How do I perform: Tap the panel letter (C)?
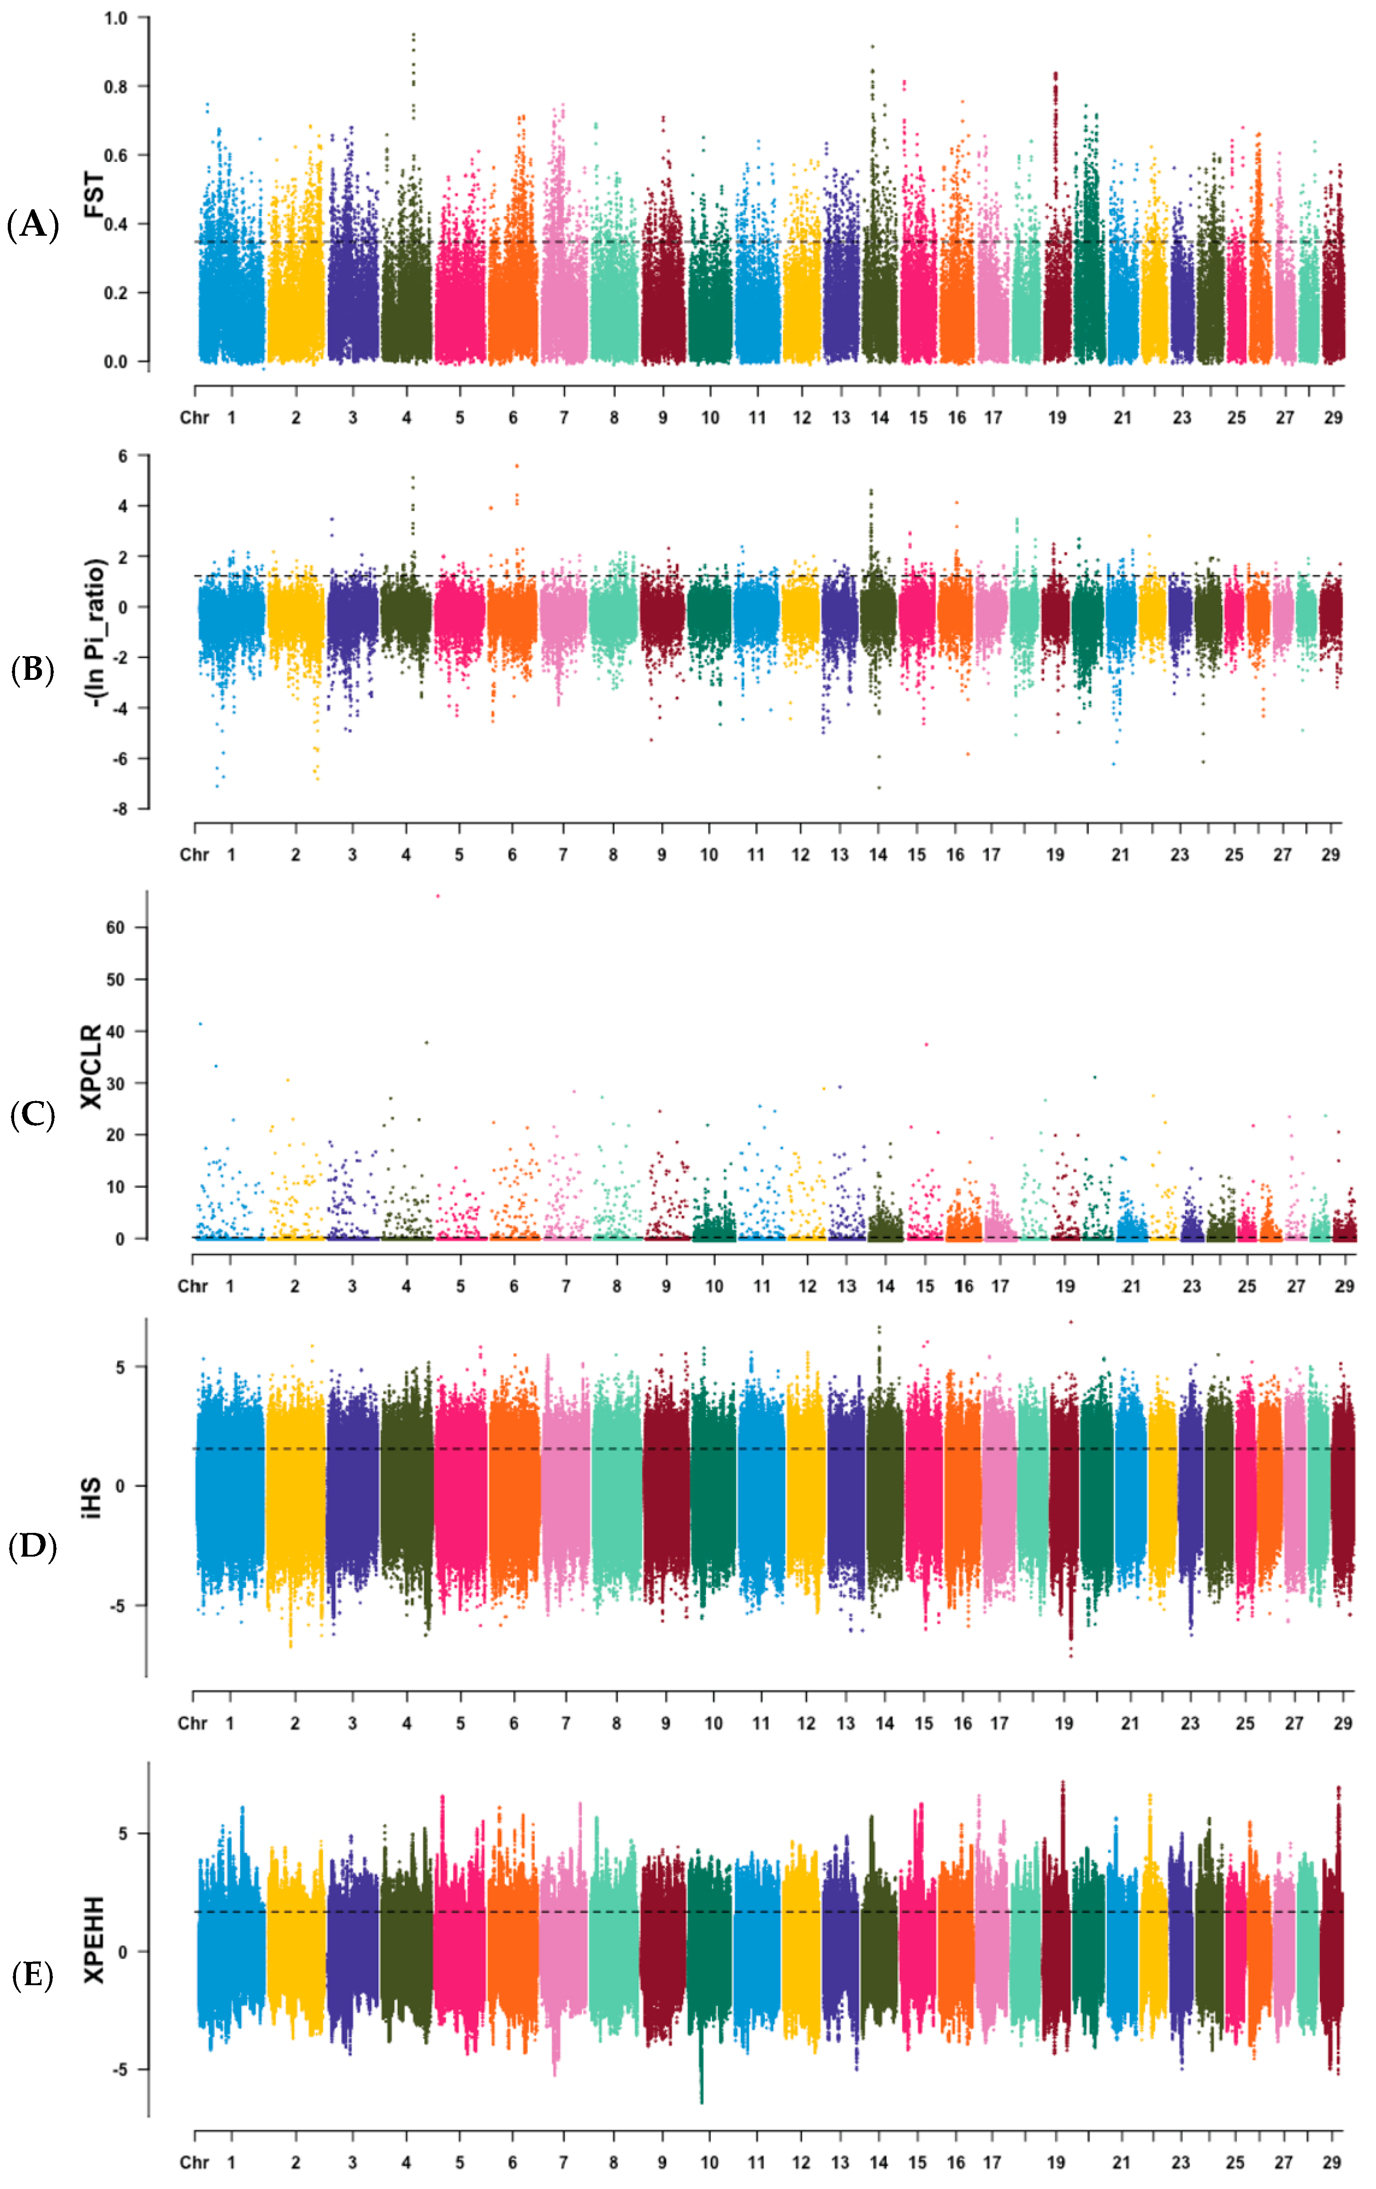(x=33, y=1114)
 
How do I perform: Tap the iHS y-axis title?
(x=92, y=1498)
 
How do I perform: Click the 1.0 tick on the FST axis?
(x=115, y=18)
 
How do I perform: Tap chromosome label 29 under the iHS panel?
(x=1342, y=1723)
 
